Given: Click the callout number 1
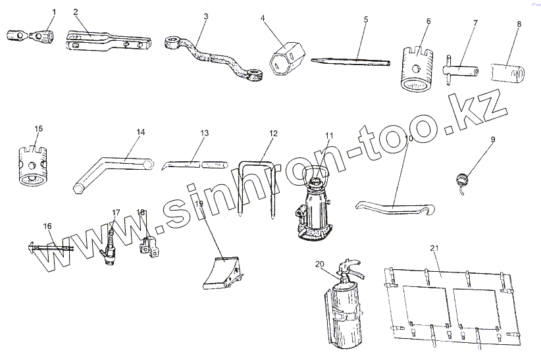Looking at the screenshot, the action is (54, 12).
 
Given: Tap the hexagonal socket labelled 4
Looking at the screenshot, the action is (284, 57).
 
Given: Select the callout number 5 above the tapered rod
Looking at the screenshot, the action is (366, 20).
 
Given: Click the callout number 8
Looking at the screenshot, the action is (519, 24).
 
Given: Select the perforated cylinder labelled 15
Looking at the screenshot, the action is (31, 165).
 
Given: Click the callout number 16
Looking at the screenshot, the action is (47, 226).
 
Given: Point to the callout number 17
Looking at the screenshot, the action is (116, 213).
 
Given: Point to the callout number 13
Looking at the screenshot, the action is (205, 133).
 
